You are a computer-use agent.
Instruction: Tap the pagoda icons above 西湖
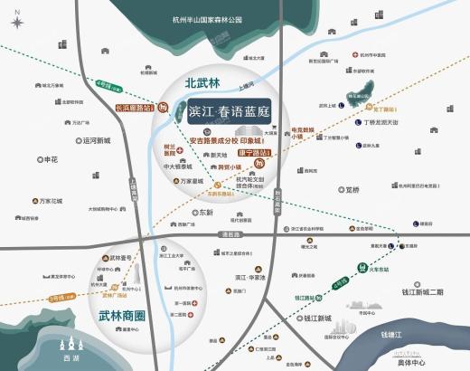click(x=72, y=344)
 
